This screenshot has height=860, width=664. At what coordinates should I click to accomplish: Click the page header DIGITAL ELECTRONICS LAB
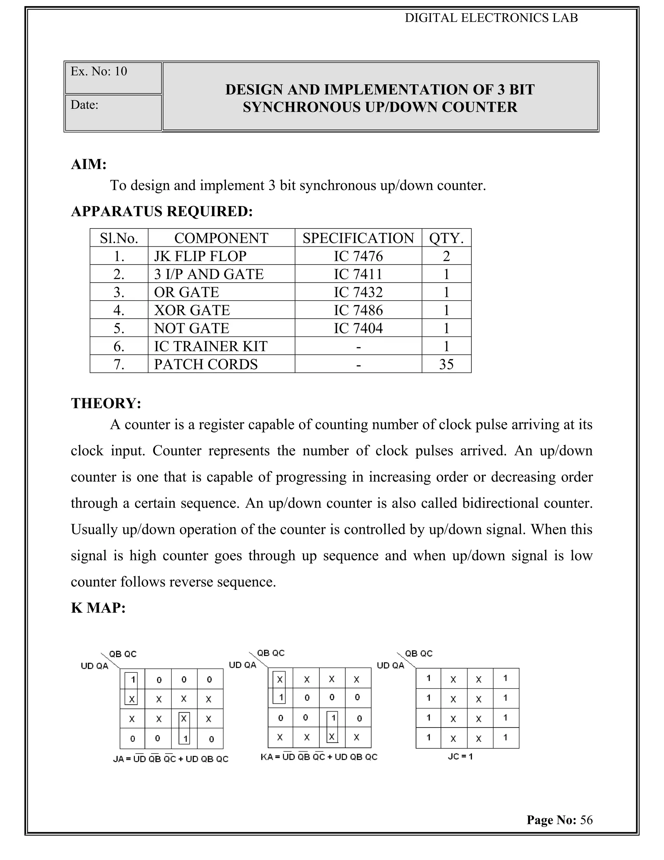[x=491, y=18]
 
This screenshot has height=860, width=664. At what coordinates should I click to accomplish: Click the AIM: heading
[x=89, y=164]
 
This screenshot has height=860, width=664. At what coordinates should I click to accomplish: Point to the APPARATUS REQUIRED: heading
[x=162, y=212]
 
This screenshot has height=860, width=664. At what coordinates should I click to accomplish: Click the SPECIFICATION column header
[x=358, y=238]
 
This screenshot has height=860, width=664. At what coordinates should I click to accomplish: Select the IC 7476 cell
[x=358, y=256]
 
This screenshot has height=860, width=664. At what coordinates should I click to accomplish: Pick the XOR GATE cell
[x=192, y=310]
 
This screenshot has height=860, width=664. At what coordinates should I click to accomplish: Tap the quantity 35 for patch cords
[x=446, y=364]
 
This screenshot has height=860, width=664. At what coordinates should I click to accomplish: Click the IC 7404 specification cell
[x=358, y=328]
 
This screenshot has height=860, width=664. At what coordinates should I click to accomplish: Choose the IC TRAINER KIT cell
[x=210, y=347]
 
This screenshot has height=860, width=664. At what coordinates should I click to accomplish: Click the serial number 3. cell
[x=119, y=292]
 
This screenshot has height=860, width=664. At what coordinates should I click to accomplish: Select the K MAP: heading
[x=98, y=608]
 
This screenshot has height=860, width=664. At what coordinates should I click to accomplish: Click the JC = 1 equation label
[x=460, y=756]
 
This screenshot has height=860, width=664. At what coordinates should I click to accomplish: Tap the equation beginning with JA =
[x=170, y=759]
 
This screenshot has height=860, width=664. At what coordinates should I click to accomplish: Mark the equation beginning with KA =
[x=319, y=757]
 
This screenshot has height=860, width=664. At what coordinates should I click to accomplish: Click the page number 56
[x=586, y=820]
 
